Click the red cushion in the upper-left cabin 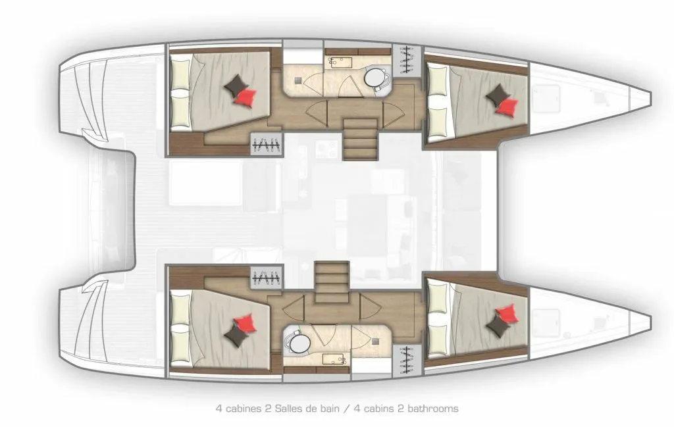[246, 97]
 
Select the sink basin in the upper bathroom [340, 63]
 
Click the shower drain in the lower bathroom [376, 341]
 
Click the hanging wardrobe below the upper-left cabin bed [267, 145]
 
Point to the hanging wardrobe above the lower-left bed [267, 277]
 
